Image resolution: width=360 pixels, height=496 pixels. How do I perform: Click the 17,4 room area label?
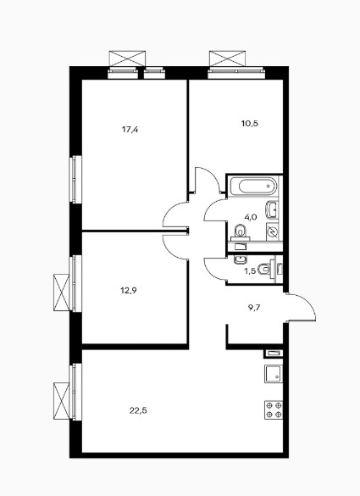(x=130, y=130)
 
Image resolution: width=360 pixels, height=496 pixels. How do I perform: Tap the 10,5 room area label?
(x=250, y=124)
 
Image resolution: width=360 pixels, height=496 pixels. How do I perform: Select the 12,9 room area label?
(x=128, y=290)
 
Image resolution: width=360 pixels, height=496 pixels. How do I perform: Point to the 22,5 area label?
(x=138, y=410)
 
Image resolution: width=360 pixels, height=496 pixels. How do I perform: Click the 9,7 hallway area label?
(x=254, y=307)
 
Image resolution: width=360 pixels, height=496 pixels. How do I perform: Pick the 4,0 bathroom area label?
(x=251, y=217)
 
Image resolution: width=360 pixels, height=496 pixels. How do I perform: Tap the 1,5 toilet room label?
(x=249, y=271)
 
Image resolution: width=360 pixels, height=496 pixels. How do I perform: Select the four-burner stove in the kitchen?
(x=274, y=410)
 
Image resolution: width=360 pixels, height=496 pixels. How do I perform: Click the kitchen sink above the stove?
(x=274, y=374)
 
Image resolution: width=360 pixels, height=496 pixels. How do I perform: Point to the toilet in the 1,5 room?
(x=265, y=269)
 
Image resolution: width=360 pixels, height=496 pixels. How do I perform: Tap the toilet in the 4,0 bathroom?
(x=241, y=233)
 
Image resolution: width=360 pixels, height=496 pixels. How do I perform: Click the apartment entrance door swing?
(x=300, y=307)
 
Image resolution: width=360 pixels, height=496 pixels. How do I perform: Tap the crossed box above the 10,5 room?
(x=228, y=59)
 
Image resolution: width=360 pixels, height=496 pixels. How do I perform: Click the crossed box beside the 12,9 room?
(x=61, y=293)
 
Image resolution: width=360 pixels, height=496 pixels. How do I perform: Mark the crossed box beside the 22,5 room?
(x=61, y=401)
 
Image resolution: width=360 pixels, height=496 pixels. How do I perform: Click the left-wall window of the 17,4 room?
(x=75, y=179)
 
